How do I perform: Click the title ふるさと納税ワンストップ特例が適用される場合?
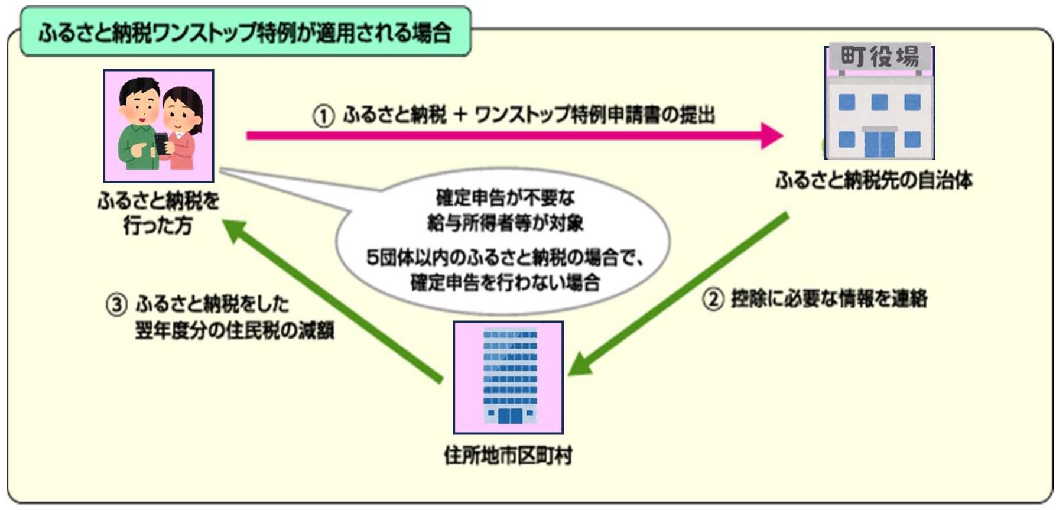pyautogui.click(x=245, y=33)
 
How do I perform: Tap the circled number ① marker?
pyautogui.click(x=323, y=116)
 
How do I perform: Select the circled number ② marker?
pyautogui.click(x=713, y=298)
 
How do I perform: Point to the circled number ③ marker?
pyautogui.click(x=116, y=305)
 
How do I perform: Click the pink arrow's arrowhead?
pyautogui.click(x=771, y=135)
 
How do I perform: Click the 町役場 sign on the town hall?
pyautogui.click(x=879, y=57)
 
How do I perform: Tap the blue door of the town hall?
pyautogui.click(x=879, y=143)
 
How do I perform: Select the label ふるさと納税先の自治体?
pyautogui.click(x=874, y=180)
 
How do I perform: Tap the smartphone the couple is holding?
pyautogui.click(x=161, y=143)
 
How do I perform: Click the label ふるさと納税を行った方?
pyautogui.click(x=158, y=213)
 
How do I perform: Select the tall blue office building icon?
pyautogui.click(x=509, y=376)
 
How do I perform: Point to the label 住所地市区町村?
pyautogui.click(x=508, y=456)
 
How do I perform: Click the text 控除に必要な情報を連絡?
pyautogui.click(x=828, y=298)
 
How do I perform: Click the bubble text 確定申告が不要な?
pyautogui.click(x=505, y=197)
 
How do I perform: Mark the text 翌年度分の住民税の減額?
pyautogui.click(x=234, y=330)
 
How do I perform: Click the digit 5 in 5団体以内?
pyautogui.click(x=372, y=258)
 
